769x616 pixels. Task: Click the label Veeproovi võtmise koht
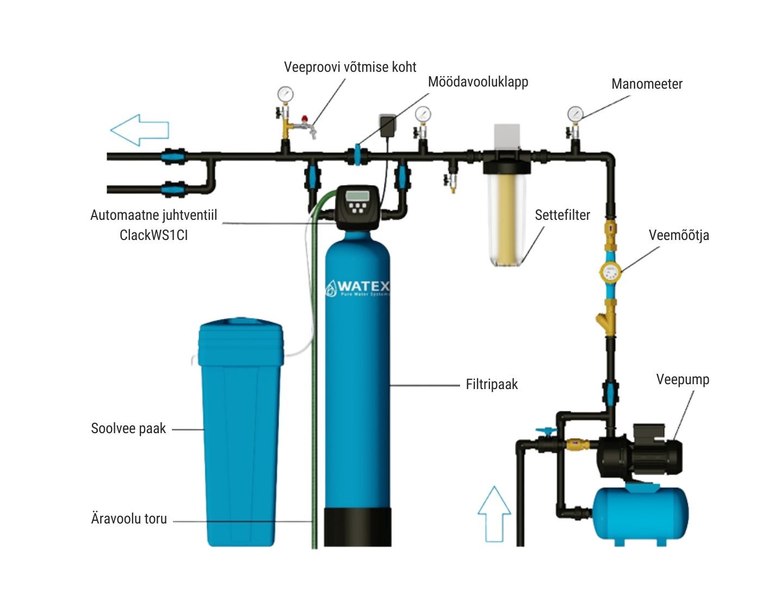350,67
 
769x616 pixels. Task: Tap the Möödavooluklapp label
477,82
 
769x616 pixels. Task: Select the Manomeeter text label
647,84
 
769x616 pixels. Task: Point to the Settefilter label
562,215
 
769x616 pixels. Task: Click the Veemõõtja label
679,235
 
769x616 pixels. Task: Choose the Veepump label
683,379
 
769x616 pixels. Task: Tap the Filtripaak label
492,384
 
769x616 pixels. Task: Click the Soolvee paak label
128,428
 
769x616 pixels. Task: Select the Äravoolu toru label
129,519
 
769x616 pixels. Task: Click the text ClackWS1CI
153,235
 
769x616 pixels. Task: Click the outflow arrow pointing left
139,130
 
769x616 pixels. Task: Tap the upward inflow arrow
494,514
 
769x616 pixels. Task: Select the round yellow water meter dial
610,270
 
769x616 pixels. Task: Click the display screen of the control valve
357,195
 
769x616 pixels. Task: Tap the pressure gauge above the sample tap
285,94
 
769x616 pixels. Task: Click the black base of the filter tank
358,527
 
